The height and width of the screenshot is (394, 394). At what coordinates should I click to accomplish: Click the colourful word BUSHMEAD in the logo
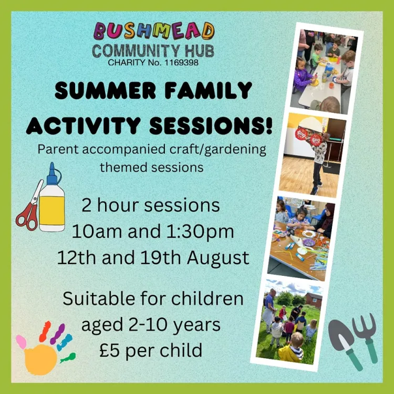pos(154,31)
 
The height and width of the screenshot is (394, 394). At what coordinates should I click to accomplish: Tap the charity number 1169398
pos(181,63)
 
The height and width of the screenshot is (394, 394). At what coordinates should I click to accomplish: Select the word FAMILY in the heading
pos(209,90)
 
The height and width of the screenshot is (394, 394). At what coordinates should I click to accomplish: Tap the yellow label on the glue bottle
pos(52,210)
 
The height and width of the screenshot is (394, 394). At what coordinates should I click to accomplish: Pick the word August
pos(218,258)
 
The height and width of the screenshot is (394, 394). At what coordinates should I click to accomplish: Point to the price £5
pos(109,350)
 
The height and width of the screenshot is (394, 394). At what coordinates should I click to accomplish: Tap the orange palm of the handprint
pos(40,359)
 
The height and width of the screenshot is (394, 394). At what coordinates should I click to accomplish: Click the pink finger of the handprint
pos(21,342)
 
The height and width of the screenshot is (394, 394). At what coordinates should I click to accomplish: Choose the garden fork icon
pos(366,337)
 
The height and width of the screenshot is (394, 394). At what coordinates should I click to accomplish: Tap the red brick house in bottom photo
pos(313,300)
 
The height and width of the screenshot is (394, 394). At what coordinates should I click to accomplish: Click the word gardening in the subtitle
pos(235,150)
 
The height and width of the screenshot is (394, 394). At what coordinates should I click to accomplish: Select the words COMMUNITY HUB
pos(153,51)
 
